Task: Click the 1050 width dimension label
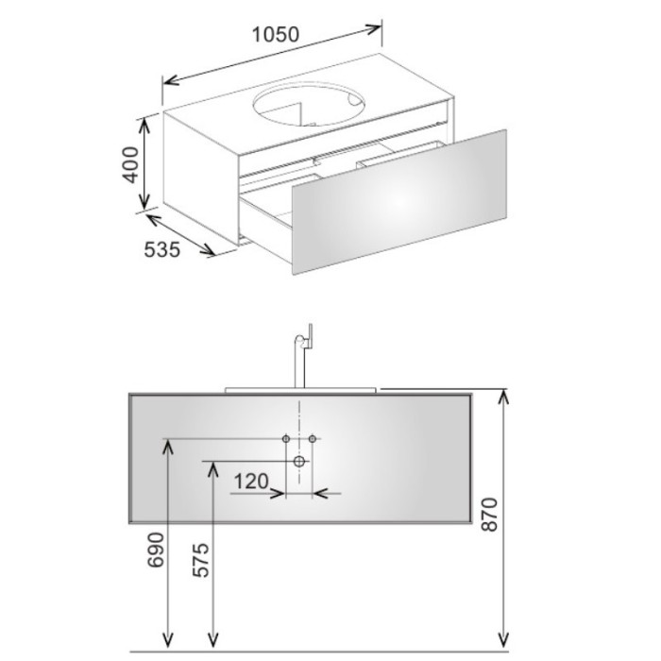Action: click(276, 35)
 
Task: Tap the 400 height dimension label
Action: click(130, 165)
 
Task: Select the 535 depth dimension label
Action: click(162, 249)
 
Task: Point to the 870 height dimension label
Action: click(489, 515)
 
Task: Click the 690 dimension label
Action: click(156, 550)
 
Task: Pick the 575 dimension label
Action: click(200, 560)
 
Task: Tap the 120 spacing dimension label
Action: click(251, 482)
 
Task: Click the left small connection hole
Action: click(286, 439)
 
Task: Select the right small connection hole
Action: click(313, 439)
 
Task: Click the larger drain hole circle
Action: click(299, 461)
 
